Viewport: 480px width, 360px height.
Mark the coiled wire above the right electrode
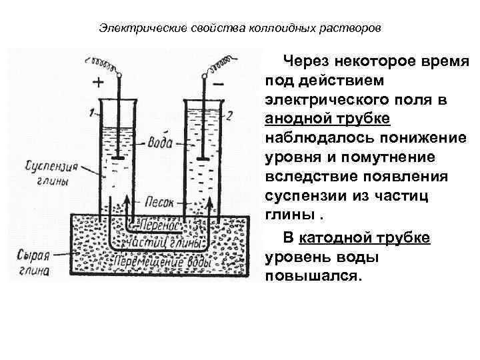click(x=220, y=65)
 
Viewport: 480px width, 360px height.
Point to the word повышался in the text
click(x=313, y=276)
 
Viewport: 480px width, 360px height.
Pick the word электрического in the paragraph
click(x=325, y=99)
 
